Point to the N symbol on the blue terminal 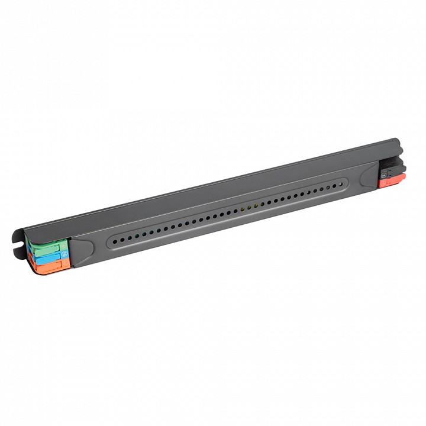[64, 256]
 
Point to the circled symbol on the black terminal [384, 173]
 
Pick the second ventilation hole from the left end [121, 239]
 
